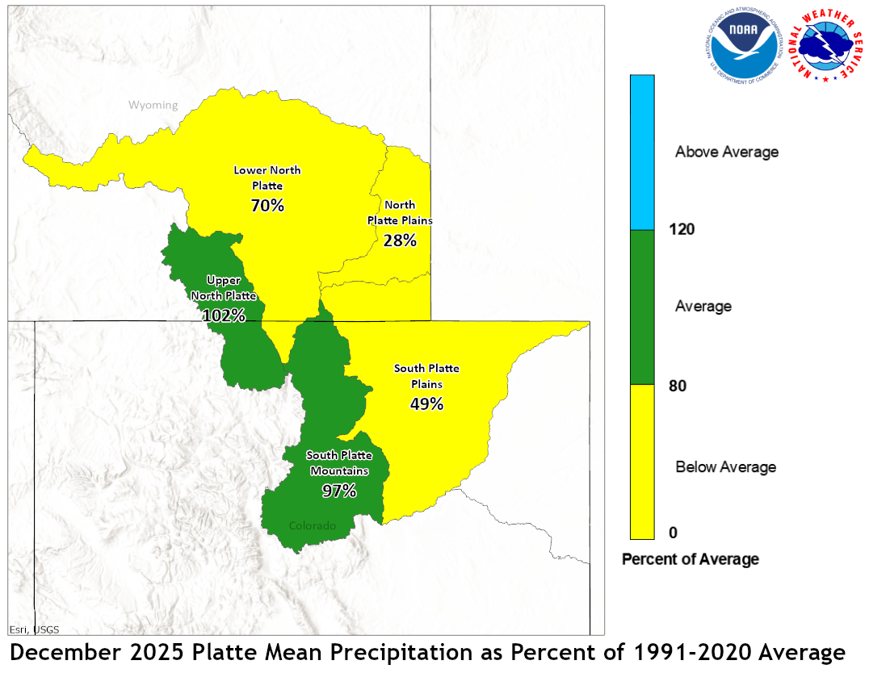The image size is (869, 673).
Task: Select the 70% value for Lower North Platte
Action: tap(267, 206)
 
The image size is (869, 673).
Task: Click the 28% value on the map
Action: tap(400, 240)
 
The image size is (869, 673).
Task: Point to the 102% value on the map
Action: tap(224, 316)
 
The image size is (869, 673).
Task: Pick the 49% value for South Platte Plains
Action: tap(426, 403)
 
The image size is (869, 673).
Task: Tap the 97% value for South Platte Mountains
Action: tap(339, 490)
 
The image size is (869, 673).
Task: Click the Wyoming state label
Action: tap(153, 105)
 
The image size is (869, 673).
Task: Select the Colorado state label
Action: tap(312, 526)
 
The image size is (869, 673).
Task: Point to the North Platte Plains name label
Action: tap(400, 212)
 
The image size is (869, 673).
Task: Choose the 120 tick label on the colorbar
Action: tap(682, 229)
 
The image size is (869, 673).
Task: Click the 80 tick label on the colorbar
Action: tap(678, 386)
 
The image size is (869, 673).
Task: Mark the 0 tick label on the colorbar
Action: tap(673, 533)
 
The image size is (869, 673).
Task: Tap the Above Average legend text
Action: tap(727, 152)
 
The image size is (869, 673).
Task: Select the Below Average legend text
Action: tap(725, 466)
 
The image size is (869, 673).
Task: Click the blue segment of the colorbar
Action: tap(642, 153)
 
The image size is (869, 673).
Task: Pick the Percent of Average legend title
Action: tap(691, 559)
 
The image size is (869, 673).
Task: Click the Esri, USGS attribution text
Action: tap(34, 629)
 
